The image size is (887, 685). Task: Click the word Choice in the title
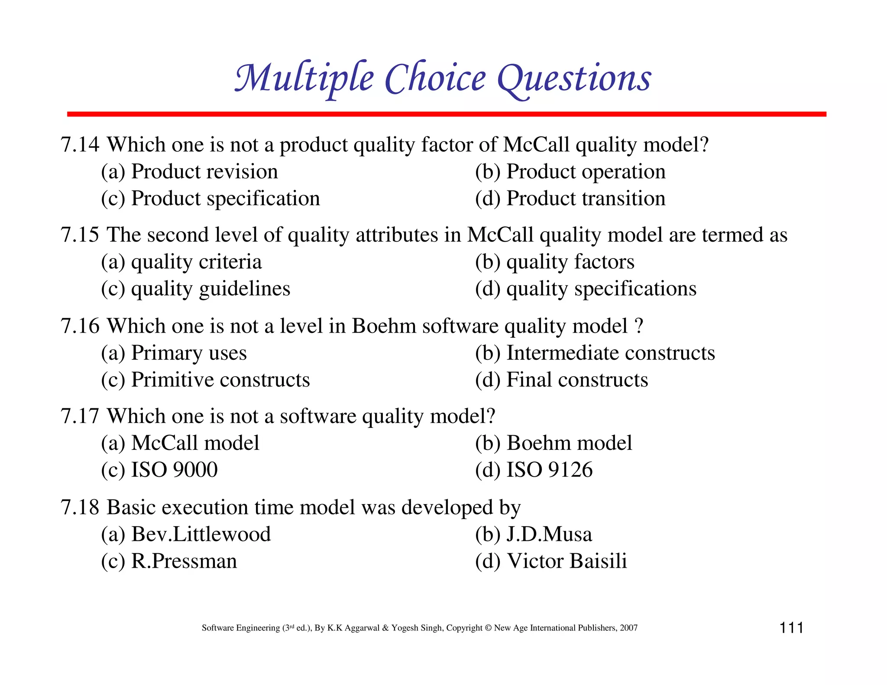435,79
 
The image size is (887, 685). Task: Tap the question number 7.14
80,145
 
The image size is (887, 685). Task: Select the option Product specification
225,199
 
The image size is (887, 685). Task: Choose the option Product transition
586,199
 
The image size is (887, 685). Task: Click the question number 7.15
80,235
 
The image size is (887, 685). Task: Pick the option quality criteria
196,262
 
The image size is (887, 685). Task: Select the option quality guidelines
210,289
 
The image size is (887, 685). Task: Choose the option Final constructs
577,380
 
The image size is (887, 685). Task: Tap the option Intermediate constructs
610,353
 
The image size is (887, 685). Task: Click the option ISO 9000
174,470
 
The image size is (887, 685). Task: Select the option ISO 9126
549,470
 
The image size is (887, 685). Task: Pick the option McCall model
195,443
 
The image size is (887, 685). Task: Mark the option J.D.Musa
549,534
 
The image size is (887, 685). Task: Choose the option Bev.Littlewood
201,534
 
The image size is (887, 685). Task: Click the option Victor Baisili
567,562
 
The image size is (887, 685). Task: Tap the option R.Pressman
184,562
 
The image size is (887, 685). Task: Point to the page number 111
791,628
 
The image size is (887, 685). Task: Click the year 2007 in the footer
628,628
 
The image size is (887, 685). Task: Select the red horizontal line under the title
446,114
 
